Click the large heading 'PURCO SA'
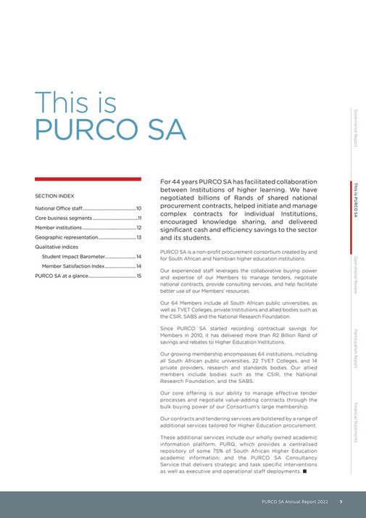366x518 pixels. [x=110, y=128]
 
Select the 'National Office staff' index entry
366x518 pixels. [x=59, y=208]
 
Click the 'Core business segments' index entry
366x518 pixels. [x=62, y=218]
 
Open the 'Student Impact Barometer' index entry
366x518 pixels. [x=73, y=257]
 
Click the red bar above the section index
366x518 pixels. [x=88, y=178]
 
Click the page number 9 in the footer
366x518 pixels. [x=341, y=501]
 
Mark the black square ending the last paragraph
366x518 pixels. [x=305, y=471]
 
